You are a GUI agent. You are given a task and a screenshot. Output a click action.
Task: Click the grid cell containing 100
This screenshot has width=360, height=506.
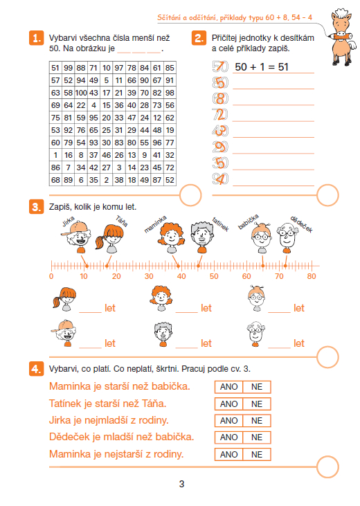pos(81,93)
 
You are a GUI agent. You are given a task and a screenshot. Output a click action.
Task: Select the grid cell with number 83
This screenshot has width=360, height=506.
pos(119,143)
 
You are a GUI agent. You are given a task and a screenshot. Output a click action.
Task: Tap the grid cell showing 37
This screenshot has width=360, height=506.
pos(93,155)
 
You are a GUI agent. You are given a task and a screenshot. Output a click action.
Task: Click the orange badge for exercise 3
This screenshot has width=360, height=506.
pos(36,207)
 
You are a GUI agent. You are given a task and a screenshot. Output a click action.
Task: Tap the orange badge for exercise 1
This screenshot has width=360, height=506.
pos(36,38)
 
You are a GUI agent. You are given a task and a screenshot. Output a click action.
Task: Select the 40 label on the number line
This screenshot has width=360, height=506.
pos(181,276)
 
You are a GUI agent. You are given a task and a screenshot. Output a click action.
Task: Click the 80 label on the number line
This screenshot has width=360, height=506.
pos(312,276)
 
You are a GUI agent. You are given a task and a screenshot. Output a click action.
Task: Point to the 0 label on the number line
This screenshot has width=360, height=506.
pos(51,276)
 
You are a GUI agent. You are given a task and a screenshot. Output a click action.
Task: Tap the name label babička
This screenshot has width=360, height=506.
pos(249,222)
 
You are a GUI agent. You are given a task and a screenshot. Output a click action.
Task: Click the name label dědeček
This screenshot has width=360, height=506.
pos(302,224)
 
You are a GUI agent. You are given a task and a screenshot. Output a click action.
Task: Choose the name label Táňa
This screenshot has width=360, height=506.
pos(122,221)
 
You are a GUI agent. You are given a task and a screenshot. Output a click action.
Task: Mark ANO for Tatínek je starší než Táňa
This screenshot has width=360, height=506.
pos(229,404)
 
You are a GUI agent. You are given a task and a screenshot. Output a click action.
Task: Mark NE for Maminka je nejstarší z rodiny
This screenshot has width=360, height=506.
pos(257,454)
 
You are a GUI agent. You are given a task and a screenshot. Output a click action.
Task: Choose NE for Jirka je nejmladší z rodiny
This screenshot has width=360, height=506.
pos(257,420)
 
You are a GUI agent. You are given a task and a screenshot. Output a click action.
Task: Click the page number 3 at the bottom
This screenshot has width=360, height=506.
pos(181,484)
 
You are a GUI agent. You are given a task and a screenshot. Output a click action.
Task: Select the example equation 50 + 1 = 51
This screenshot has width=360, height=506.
pos(262,67)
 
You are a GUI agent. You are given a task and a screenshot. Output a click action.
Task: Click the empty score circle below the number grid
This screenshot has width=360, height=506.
pos(190,195)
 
